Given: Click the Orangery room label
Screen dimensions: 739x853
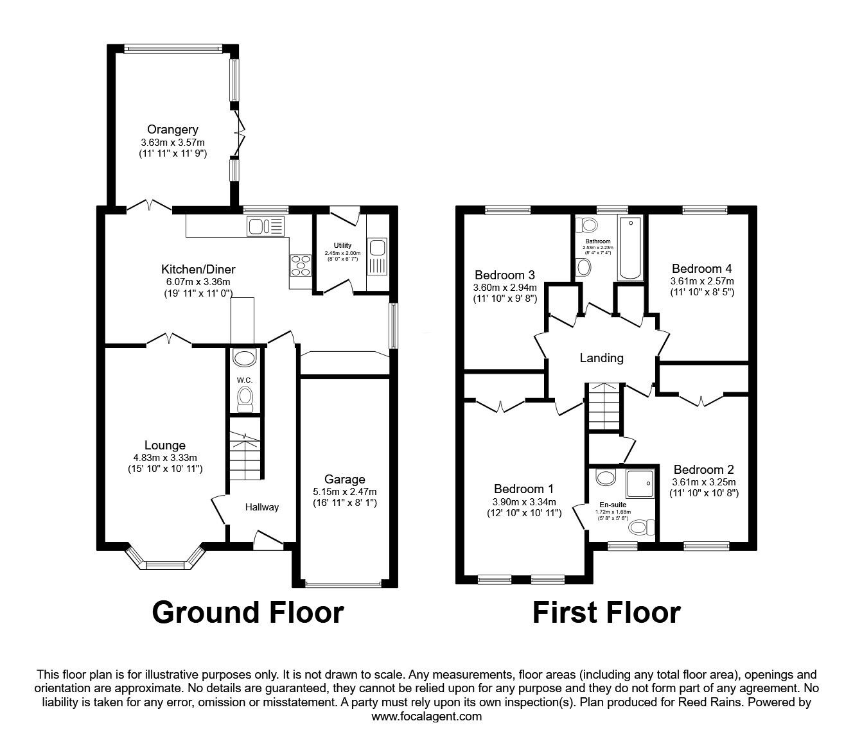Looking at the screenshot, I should pos(172,130).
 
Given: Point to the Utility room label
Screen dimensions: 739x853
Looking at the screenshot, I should pos(342,245).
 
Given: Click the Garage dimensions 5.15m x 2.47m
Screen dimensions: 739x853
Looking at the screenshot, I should pos(344,492).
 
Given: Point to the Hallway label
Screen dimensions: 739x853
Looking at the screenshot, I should pos(262,507).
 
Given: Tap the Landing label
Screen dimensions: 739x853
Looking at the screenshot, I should pos(601,358).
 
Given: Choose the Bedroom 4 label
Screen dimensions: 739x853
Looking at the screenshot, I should pos(701,268).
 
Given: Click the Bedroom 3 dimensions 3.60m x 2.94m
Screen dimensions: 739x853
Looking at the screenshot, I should pos(504,287).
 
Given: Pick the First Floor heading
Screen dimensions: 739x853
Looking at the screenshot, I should pos(606,613).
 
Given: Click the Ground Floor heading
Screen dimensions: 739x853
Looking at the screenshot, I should pos(248,613).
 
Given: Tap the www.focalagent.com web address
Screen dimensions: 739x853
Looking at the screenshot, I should pos(426,716).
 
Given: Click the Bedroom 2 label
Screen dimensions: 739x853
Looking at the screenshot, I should pos(703,469).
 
